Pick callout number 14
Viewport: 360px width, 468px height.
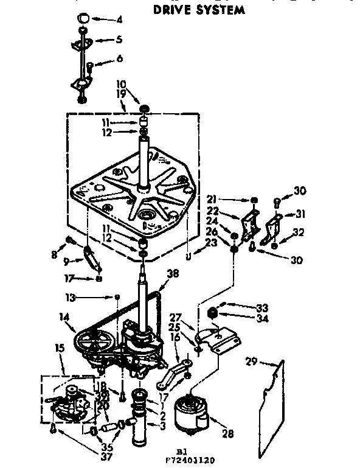[x=63, y=316]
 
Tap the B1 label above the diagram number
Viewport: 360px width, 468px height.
[x=180, y=451]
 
